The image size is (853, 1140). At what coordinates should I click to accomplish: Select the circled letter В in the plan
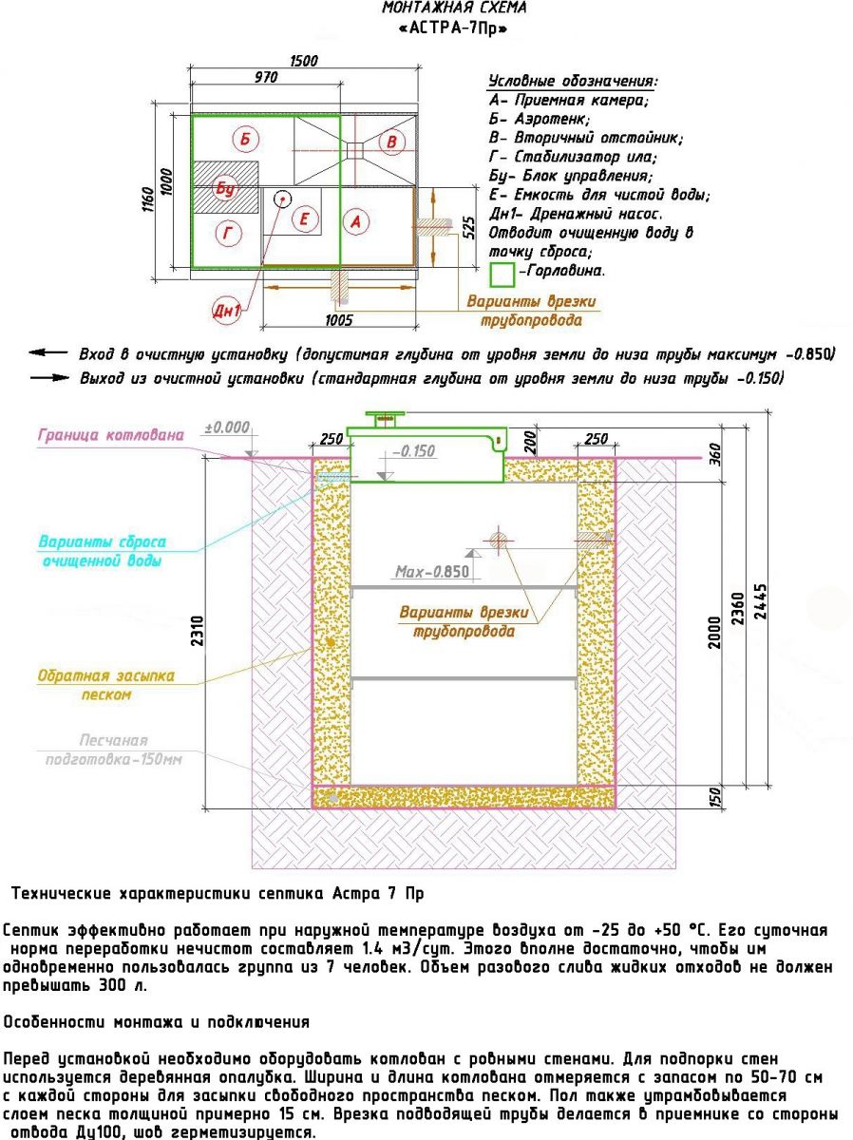pyautogui.click(x=391, y=142)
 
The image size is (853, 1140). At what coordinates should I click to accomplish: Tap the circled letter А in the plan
pyautogui.click(x=355, y=221)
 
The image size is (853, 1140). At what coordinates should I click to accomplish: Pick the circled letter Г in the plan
pyautogui.click(x=228, y=233)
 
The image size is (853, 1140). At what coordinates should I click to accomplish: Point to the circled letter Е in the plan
pyautogui.click(x=304, y=218)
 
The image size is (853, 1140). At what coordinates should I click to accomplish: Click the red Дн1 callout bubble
pyautogui.click(x=227, y=310)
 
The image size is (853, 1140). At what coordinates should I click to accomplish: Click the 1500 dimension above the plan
pyautogui.click(x=303, y=61)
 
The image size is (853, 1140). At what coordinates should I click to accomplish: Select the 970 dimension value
pyautogui.click(x=266, y=77)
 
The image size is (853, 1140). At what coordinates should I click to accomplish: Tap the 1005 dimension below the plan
pyautogui.click(x=338, y=320)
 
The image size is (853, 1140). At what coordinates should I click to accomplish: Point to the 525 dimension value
pyautogui.click(x=468, y=227)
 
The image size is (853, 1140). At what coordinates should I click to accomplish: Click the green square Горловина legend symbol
pyautogui.click(x=502, y=275)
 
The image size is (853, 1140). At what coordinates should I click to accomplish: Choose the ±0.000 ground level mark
pyautogui.click(x=227, y=427)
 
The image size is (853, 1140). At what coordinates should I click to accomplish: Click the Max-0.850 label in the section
pyautogui.click(x=432, y=572)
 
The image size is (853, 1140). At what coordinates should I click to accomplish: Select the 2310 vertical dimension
pyautogui.click(x=198, y=631)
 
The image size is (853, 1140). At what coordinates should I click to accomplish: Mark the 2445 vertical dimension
pyautogui.click(x=760, y=601)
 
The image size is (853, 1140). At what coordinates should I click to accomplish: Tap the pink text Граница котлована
pyautogui.click(x=110, y=435)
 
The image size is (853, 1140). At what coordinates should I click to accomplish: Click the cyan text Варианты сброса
pyautogui.click(x=103, y=541)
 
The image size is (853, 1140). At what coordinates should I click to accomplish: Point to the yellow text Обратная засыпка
pyautogui.click(x=105, y=675)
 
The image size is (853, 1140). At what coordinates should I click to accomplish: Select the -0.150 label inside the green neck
pyautogui.click(x=413, y=451)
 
